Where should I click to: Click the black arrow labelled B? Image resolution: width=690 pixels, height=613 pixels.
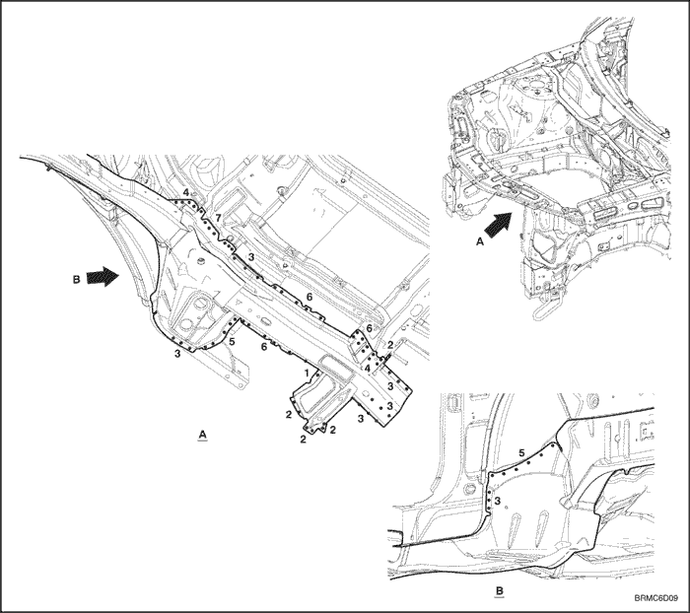coord(103,277)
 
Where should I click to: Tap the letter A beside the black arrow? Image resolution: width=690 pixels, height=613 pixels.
coord(480,241)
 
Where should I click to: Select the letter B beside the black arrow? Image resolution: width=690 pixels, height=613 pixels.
coord(76,280)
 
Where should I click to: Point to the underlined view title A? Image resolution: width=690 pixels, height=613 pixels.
coord(202,435)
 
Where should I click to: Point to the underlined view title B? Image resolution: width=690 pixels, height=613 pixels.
coord(500,591)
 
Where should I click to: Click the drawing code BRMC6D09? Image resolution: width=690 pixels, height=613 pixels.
coord(656,599)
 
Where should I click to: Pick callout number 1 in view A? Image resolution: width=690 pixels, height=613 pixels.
coord(308,374)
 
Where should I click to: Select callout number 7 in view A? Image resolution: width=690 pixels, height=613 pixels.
coord(219,218)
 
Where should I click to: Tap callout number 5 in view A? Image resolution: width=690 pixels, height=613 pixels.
coord(232,341)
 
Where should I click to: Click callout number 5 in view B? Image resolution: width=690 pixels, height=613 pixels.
coord(521,452)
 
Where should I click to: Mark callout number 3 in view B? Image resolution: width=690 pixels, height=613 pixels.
coord(498,501)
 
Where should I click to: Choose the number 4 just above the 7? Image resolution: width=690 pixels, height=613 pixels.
coord(186,193)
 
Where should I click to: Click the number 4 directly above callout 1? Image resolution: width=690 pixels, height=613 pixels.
coord(367,368)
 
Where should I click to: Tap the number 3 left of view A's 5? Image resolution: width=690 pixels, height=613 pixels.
coord(177,354)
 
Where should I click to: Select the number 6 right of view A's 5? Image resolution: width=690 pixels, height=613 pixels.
coord(264,347)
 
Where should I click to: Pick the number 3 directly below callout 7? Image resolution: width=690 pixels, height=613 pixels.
coord(250,256)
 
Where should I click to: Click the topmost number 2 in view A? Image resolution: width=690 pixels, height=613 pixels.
coord(390,346)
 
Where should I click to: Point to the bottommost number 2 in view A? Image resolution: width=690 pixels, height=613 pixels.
coord(304,440)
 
